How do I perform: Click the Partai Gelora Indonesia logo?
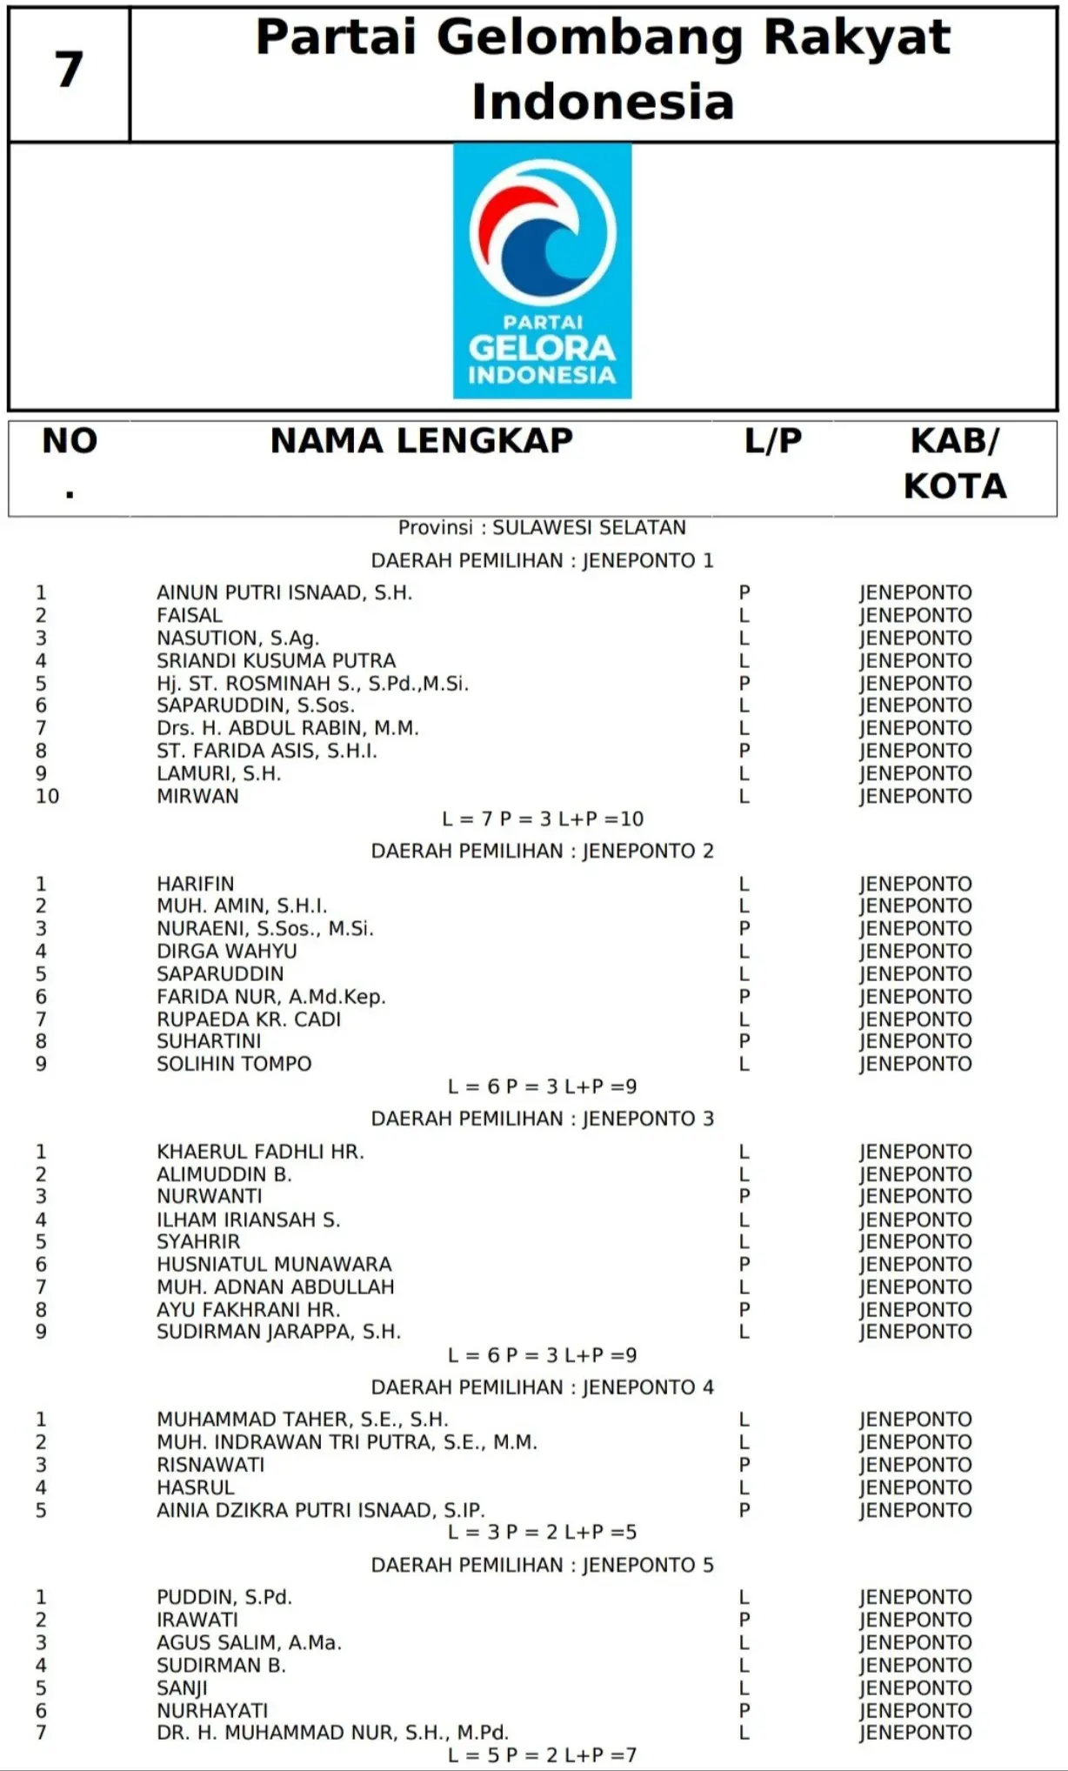(542, 271)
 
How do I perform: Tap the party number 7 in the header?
(69, 71)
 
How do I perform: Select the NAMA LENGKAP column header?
(421, 441)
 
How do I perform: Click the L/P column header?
(772, 441)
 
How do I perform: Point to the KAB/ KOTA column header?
(954, 463)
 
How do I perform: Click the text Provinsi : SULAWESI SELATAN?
(542, 527)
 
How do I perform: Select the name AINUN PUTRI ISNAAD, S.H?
(284, 592)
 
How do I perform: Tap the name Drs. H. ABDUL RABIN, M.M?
(287, 728)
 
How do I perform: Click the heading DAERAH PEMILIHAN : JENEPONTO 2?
(542, 851)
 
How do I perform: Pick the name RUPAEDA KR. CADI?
(249, 1019)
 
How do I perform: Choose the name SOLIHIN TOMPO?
(234, 1064)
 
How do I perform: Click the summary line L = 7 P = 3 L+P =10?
(542, 819)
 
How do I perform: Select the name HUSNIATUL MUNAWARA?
(274, 1264)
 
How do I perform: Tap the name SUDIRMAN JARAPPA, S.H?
(278, 1332)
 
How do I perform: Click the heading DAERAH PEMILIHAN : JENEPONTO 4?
(542, 1387)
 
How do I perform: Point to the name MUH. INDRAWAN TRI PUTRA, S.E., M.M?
(347, 1442)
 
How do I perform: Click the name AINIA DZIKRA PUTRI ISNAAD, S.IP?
(320, 1510)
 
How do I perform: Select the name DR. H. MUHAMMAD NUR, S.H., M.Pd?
(332, 1733)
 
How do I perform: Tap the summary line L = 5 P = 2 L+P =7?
(542, 1755)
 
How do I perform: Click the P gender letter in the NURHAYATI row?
(744, 1710)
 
